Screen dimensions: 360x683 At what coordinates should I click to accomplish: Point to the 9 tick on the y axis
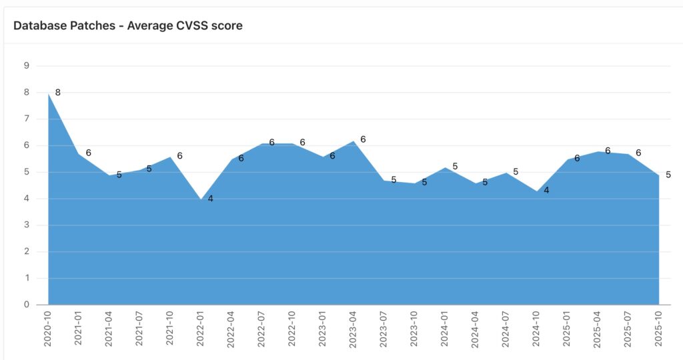click(27, 65)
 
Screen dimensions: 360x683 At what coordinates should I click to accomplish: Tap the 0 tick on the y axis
click(27, 305)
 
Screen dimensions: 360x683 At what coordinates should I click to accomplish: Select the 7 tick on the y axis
click(27, 119)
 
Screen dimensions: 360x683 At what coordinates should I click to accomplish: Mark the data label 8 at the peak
click(58, 93)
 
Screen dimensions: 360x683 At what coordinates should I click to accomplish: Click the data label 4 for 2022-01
click(210, 199)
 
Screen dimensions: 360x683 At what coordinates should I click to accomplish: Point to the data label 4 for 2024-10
click(546, 191)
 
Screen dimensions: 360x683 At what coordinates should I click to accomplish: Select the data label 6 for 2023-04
click(363, 139)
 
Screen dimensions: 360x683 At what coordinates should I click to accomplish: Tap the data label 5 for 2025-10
click(668, 175)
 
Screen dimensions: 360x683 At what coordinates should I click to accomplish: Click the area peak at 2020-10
click(49, 95)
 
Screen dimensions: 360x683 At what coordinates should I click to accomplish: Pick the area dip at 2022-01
click(201, 200)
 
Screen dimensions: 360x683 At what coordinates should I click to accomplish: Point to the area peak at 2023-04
click(354, 141)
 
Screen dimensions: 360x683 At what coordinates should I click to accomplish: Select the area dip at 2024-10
click(537, 192)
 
